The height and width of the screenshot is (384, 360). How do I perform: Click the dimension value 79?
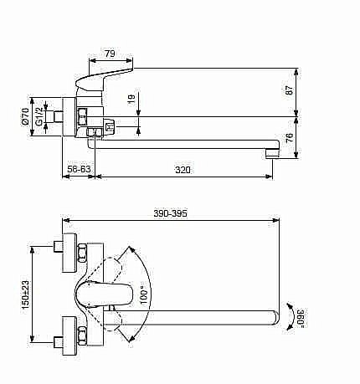tap(110, 54)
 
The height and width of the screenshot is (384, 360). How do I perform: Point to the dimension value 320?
tap(183, 170)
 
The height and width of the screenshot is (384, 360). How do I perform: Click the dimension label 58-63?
tap(80, 170)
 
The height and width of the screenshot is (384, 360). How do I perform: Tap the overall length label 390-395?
tap(170, 214)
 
